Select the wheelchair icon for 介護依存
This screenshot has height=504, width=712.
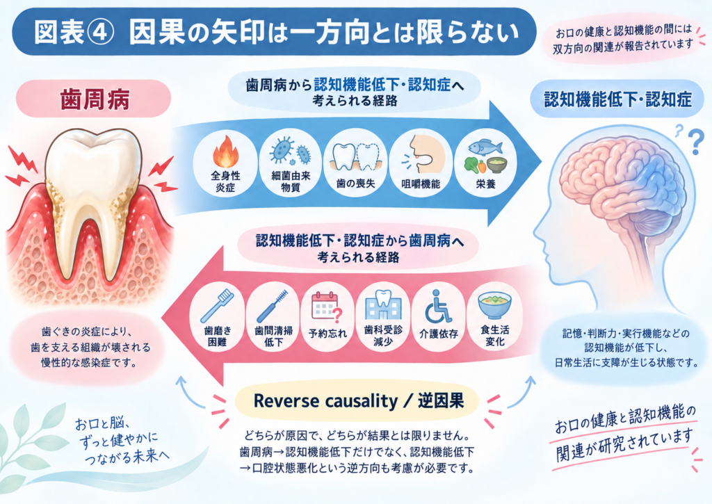point(438,307)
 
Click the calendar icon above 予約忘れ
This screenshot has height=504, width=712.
point(327,307)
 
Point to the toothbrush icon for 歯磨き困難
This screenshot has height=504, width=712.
point(217,306)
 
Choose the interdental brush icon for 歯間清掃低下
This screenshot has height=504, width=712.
point(273,306)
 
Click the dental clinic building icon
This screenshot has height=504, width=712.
point(383,304)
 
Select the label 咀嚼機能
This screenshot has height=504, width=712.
point(421,184)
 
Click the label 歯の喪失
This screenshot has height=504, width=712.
point(355,184)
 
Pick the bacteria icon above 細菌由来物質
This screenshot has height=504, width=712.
point(290,150)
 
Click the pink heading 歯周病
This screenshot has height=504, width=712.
point(95,99)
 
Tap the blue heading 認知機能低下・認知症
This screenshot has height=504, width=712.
point(617,99)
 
